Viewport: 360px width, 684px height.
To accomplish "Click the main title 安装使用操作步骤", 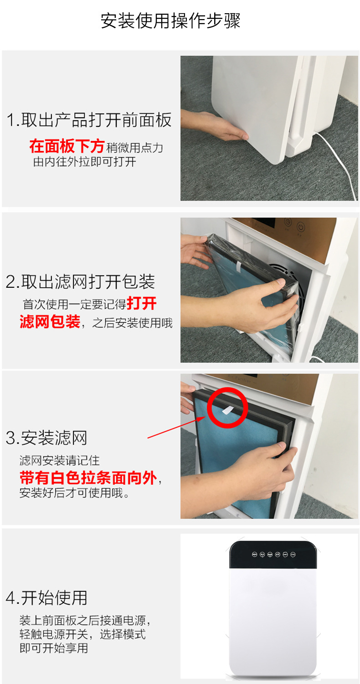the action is pyautogui.click(x=170, y=21).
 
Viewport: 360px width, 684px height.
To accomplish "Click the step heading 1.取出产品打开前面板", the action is pyautogui.click(x=89, y=119).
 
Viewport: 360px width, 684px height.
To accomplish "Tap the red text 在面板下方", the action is pyautogui.click(x=67, y=146).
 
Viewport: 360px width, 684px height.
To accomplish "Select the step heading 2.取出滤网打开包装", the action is pyautogui.click(x=80, y=281).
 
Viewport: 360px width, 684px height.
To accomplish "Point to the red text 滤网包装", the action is pyautogui.click(x=50, y=321).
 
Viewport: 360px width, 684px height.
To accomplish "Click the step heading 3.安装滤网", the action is pyautogui.click(x=46, y=438).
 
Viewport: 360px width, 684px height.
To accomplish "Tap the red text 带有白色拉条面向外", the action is pyautogui.click(x=88, y=477).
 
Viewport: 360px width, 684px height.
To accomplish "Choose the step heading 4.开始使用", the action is pyautogui.click(x=46, y=597).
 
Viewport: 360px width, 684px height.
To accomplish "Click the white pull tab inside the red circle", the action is pyautogui.click(x=227, y=410).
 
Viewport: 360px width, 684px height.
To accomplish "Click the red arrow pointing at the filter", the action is pyautogui.click(x=177, y=427).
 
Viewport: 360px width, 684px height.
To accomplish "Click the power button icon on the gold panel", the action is pyautogui.click(x=301, y=227).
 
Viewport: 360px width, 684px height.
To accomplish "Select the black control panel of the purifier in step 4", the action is pyautogui.click(x=273, y=555).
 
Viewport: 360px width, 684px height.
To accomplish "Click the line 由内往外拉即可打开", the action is pyautogui.click(x=84, y=161).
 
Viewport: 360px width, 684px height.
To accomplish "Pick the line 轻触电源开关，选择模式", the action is pyautogui.click(x=82, y=634).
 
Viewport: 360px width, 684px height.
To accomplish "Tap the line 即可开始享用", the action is pyautogui.click(x=54, y=648).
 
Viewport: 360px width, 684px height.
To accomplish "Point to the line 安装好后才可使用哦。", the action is pyautogui.click(x=74, y=493).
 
